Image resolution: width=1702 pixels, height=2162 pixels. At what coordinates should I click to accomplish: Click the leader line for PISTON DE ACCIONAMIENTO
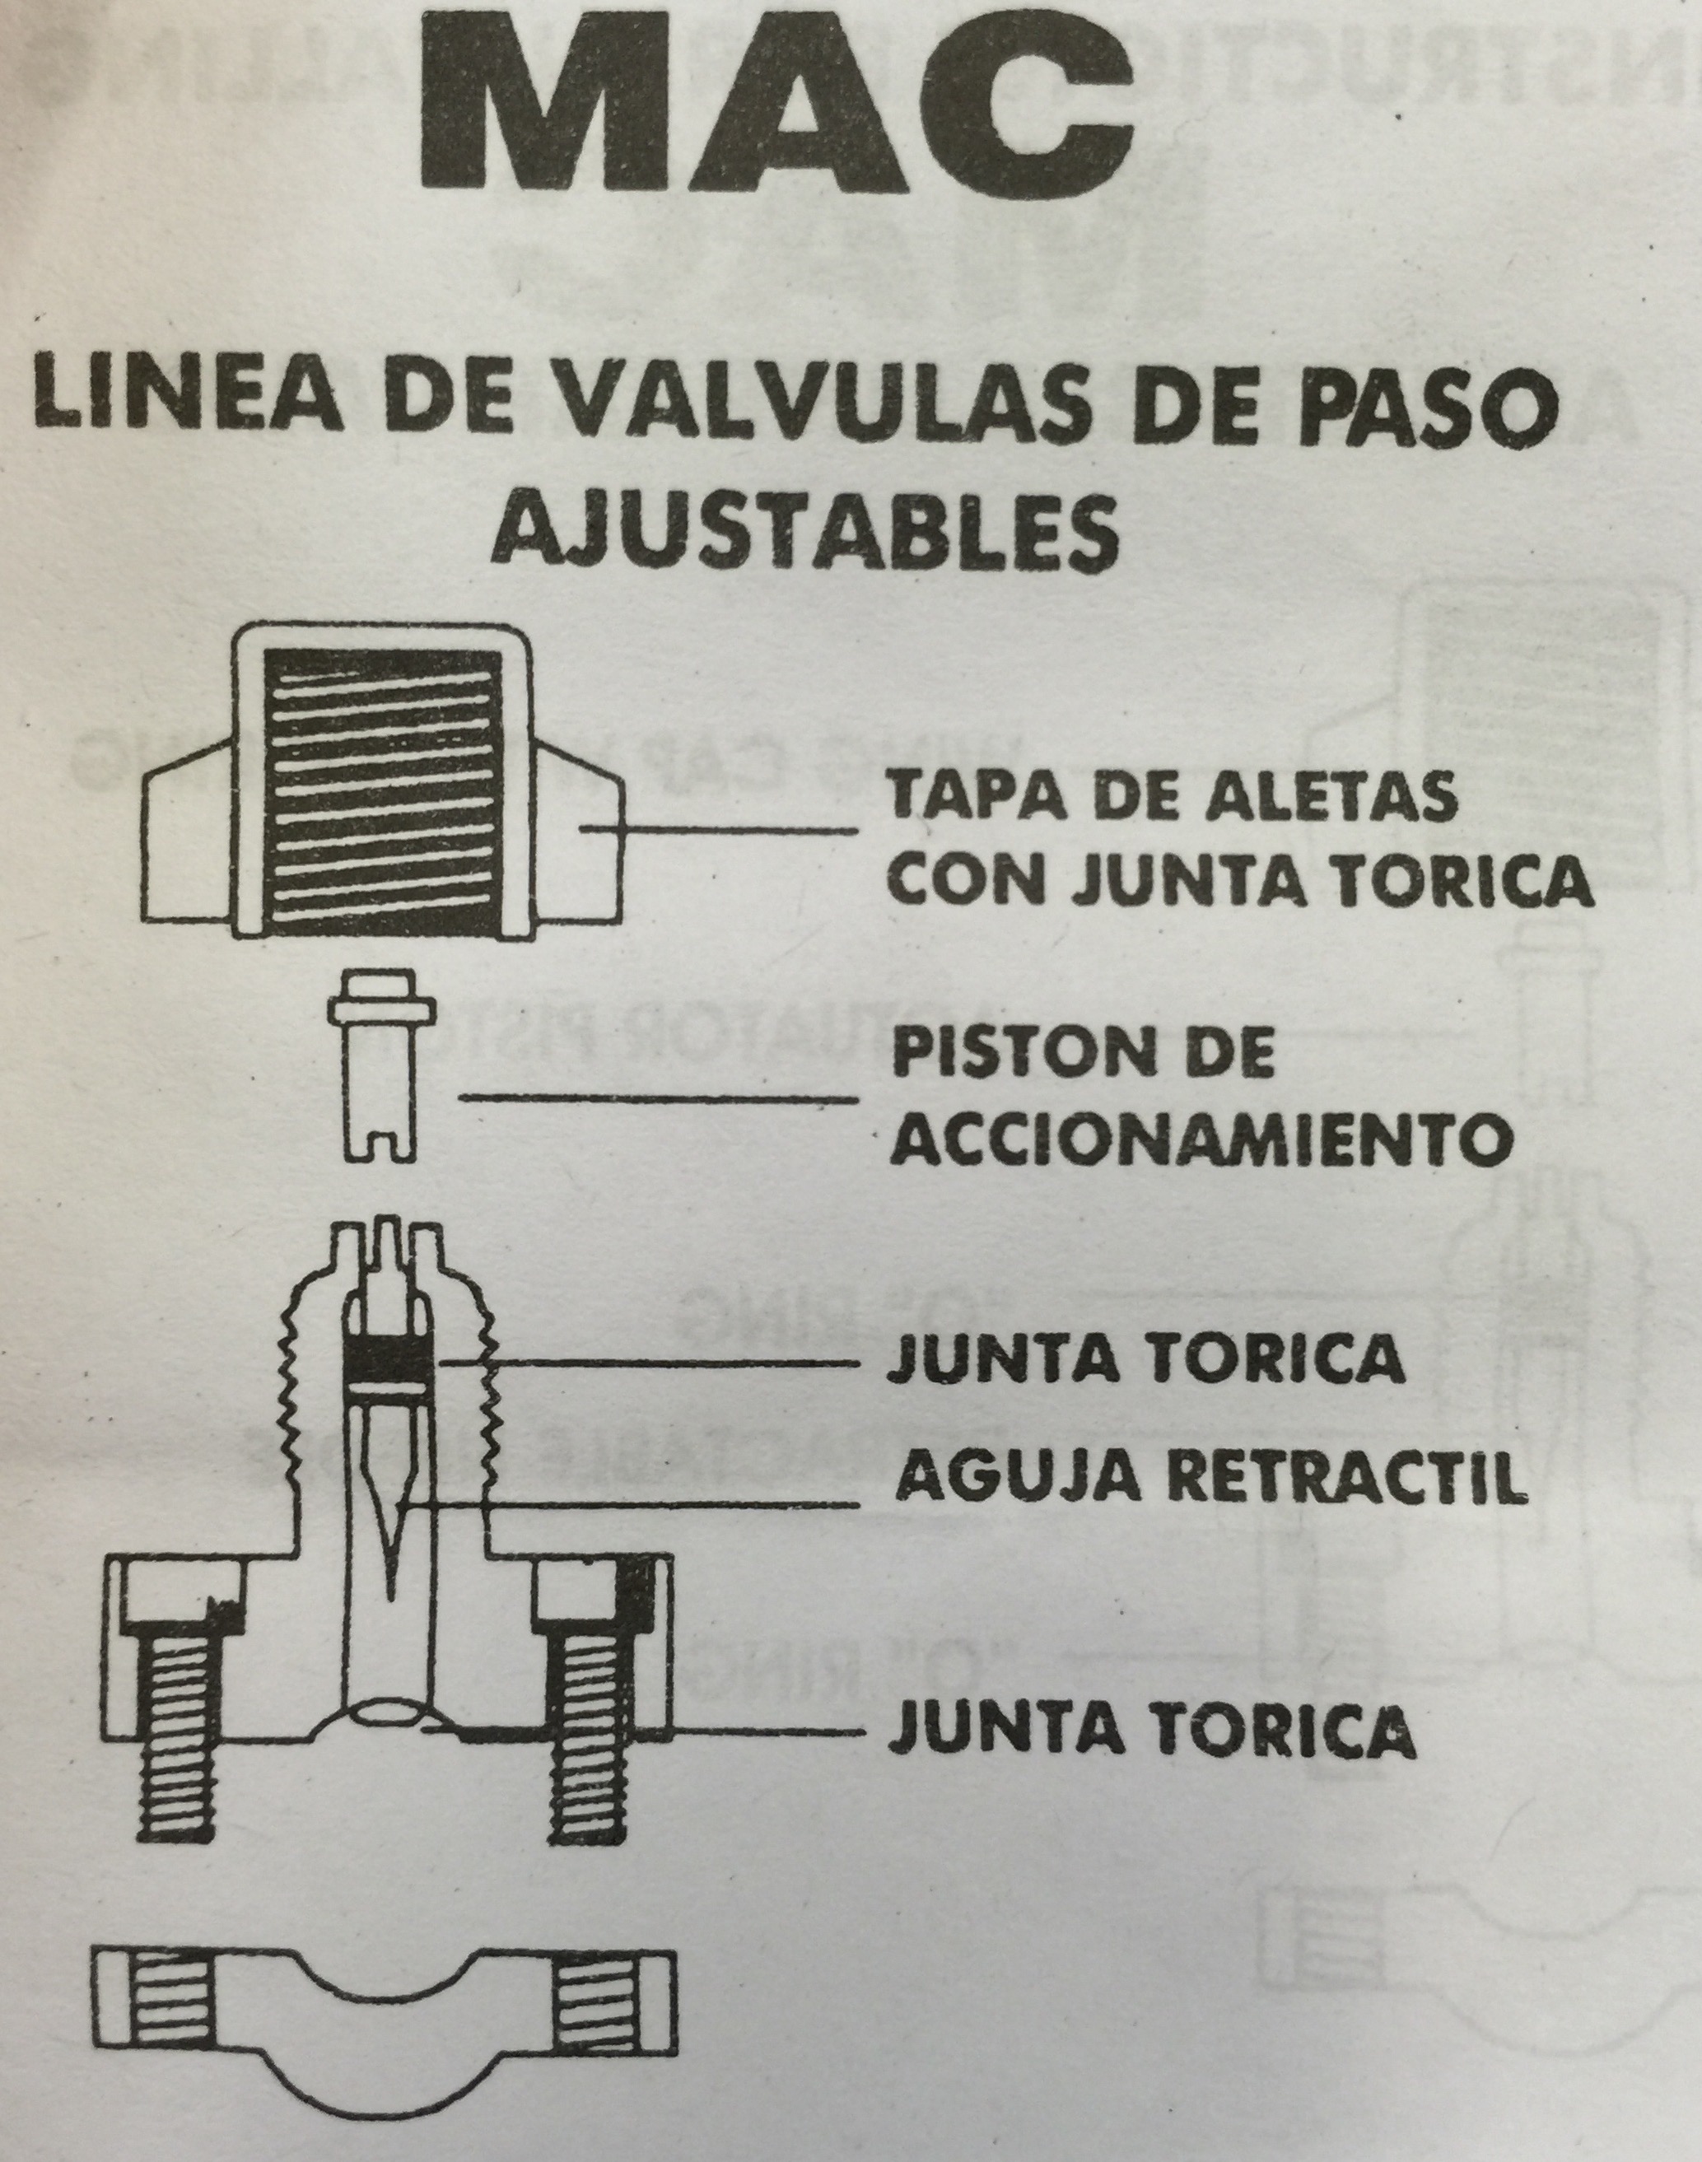coord(659,1098)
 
